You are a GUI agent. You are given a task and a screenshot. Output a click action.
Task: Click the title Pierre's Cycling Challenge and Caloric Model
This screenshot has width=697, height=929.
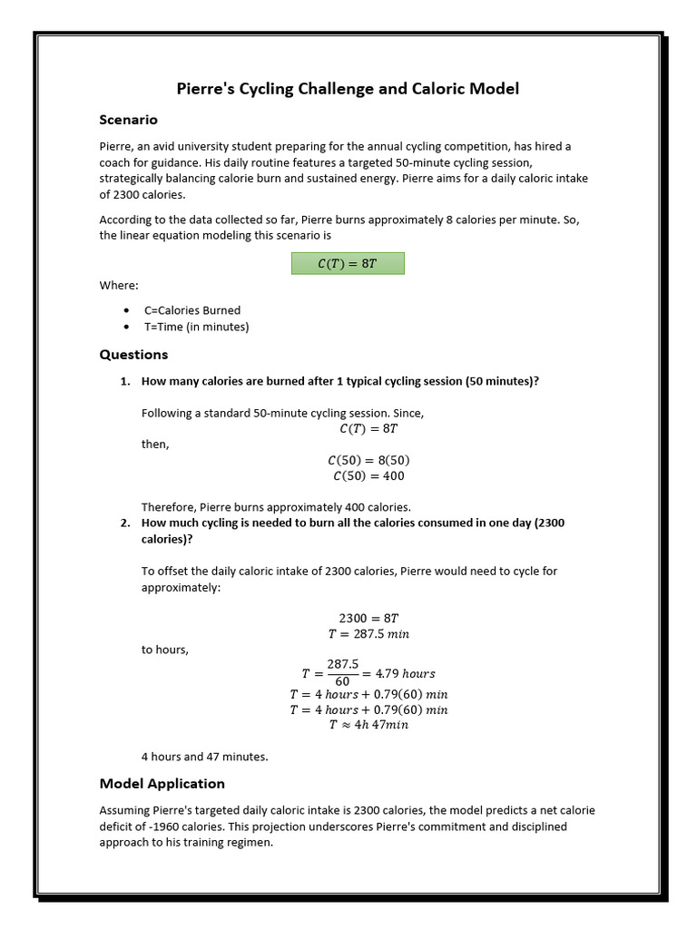348,88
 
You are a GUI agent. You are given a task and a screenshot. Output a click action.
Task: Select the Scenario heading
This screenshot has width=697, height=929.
128,120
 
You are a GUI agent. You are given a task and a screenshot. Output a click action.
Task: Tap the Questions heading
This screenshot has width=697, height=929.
133,354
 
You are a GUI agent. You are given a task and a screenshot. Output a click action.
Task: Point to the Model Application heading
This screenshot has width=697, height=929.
162,783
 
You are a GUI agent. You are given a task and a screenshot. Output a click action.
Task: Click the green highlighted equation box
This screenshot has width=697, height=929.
348,263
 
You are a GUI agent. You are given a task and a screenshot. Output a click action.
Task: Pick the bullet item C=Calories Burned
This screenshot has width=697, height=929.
191,310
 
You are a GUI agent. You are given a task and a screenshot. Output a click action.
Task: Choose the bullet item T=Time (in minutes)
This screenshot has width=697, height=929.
196,327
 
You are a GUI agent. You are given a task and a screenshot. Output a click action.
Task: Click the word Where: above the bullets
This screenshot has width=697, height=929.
119,285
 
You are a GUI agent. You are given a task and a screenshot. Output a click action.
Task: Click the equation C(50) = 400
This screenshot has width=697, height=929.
368,475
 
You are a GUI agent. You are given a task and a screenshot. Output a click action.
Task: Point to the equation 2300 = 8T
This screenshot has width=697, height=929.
368,618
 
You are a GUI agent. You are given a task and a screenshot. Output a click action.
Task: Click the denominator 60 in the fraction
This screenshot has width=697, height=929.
343,681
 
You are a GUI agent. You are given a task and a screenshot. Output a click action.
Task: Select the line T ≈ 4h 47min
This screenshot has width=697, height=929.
368,725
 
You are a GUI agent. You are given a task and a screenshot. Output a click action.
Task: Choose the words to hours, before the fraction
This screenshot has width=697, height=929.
164,650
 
